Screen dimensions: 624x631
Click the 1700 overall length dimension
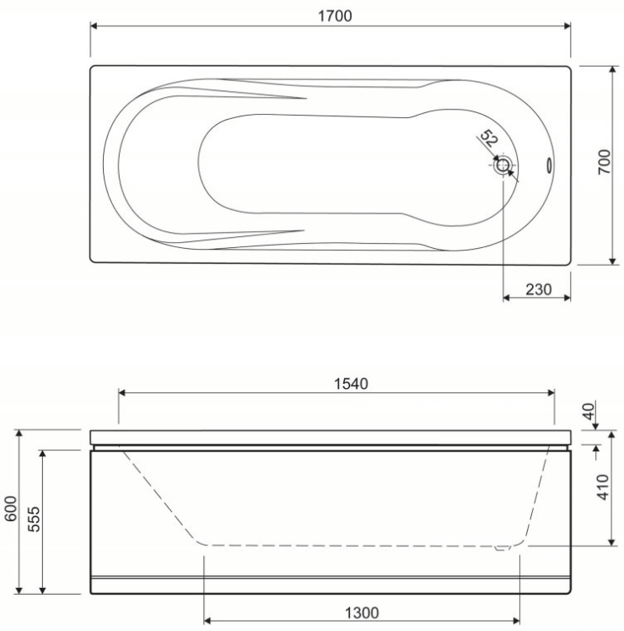click(335, 16)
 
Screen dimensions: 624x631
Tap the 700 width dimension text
click(604, 162)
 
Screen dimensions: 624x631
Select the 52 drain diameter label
click(489, 138)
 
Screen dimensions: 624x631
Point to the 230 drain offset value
click(538, 289)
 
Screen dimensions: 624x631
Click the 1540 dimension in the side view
click(351, 384)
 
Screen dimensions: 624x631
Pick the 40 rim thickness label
click(589, 412)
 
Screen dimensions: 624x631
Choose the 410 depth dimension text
click(603, 487)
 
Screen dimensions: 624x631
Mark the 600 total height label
click(11, 509)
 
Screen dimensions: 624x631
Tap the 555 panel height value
click(35, 519)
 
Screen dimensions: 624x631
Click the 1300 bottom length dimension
click(362, 613)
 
